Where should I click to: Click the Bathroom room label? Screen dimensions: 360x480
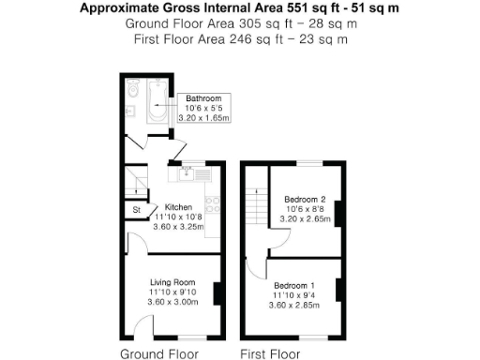202,98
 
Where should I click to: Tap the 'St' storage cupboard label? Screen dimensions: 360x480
136,209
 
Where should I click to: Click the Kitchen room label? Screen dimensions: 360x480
178,207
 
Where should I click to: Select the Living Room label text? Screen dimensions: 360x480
172,282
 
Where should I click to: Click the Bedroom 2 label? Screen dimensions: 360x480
304,199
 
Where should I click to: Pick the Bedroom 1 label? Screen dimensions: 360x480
294,284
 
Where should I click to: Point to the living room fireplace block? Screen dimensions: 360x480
217,293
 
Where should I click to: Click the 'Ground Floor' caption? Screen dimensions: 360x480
159,353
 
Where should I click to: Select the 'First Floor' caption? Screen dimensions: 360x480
270,353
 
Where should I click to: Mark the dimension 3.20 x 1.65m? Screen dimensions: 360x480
202,119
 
